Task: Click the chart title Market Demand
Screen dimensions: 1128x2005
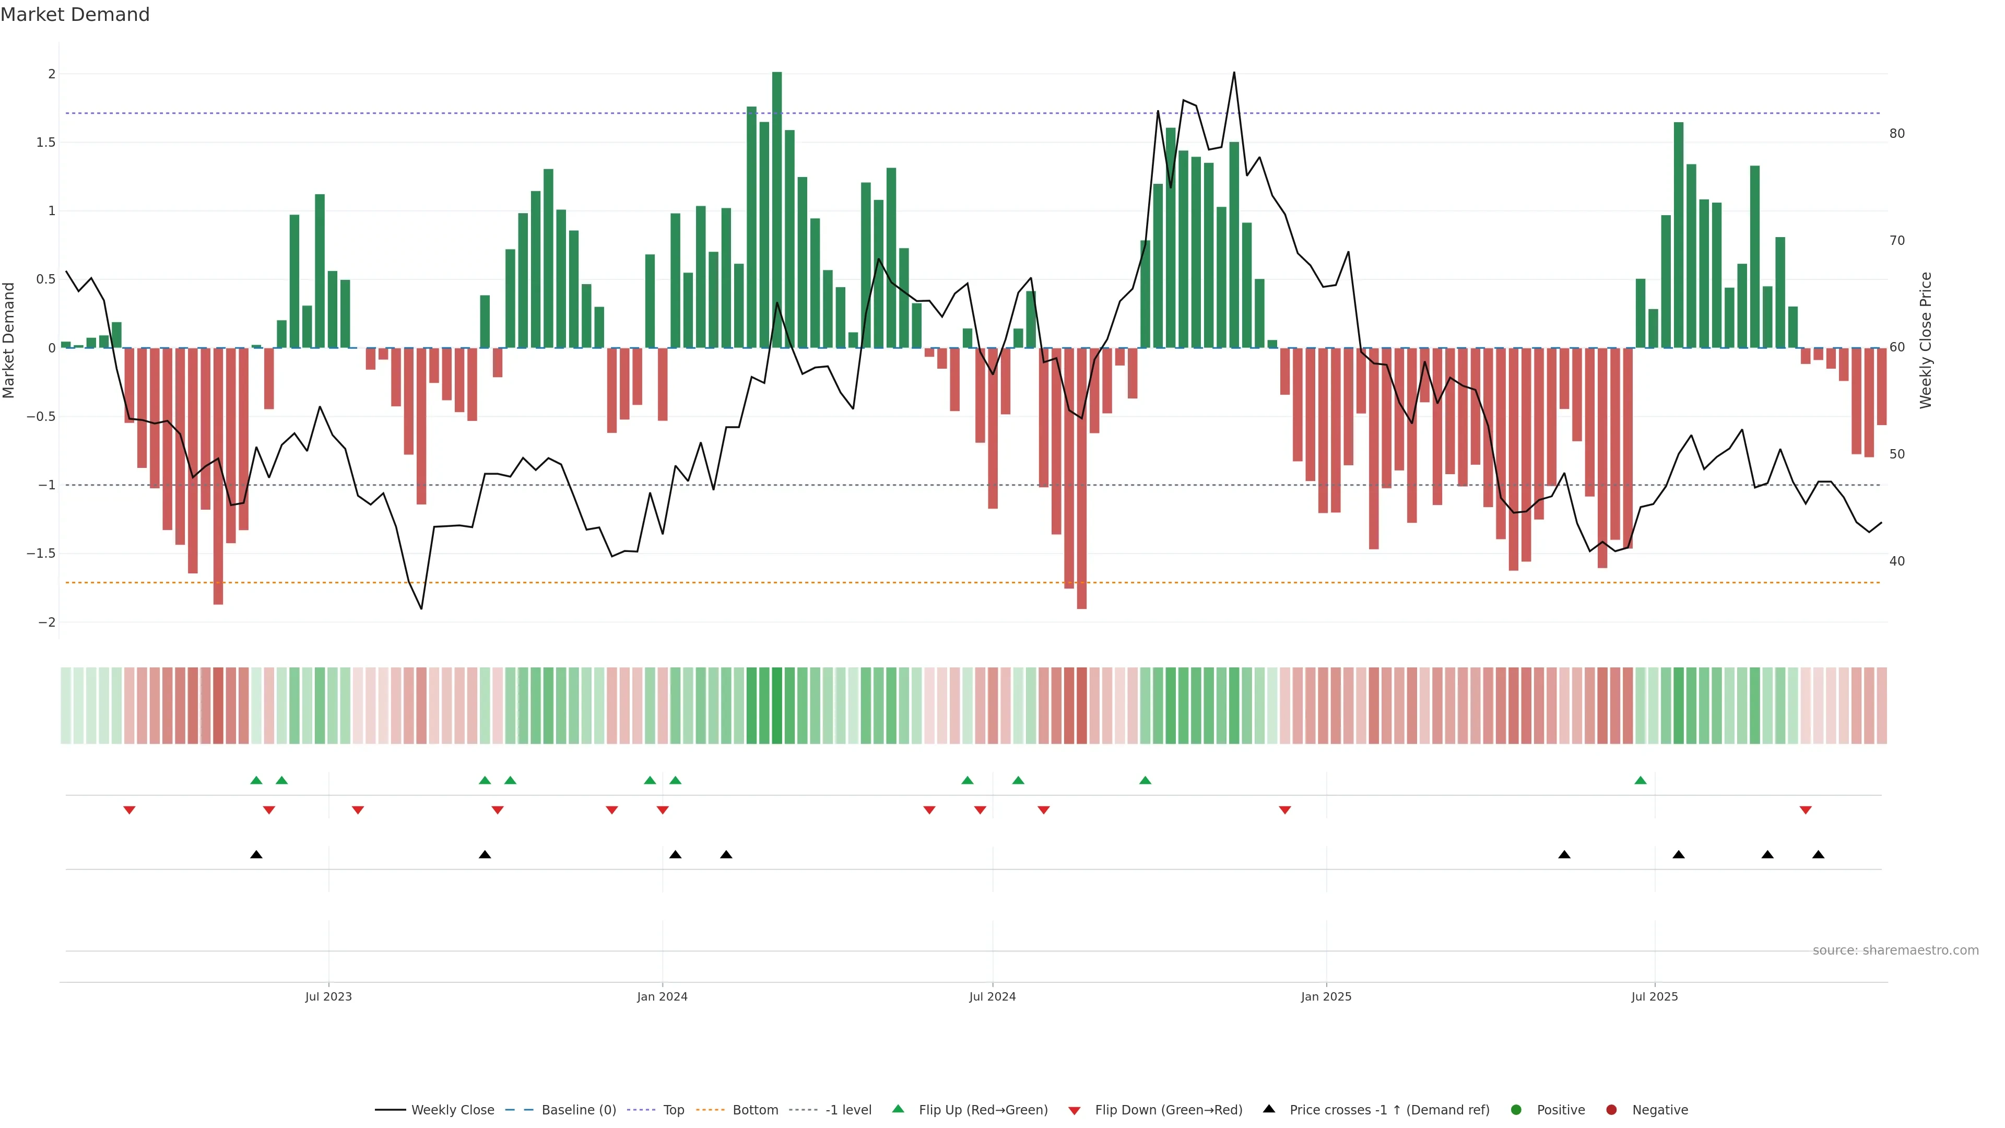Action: click(x=75, y=15)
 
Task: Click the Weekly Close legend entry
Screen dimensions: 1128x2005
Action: click(x=452, y=1109)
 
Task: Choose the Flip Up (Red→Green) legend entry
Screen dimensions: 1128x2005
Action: click(x=982, y=1109)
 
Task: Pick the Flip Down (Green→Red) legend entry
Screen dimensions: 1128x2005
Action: click(x=1167, y=1109)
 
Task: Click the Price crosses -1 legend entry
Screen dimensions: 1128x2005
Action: click(x=1388, y=1109)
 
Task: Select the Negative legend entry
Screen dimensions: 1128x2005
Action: click(x=1659, y=1109)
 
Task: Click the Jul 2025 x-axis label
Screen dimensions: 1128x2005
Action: click(x=1655, y=996)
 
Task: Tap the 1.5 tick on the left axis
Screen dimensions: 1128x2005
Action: click(x=46, y=143)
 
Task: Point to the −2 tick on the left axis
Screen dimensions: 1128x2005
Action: click(x=46, y=622)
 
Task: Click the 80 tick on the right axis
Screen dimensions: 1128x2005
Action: click(x=1897, y=134)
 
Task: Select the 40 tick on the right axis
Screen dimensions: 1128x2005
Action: click(x=1897, y=561)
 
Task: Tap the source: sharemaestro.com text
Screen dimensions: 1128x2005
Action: click(x=1895, y=950)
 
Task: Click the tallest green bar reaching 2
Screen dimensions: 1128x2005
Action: click(x=777, y=210)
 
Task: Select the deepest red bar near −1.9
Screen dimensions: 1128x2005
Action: click(x=1082, y=479)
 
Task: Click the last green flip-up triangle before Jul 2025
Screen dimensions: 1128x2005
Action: click(x=1641, y=780)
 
